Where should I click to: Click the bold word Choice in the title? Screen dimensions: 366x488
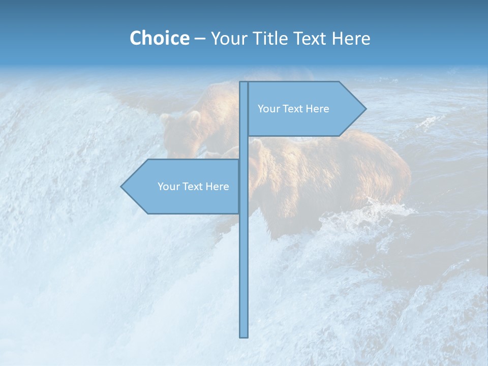(x=159, y=38)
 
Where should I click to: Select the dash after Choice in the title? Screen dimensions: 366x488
(x=200, y=39)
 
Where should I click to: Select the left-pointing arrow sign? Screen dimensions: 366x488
(x=183, y=187)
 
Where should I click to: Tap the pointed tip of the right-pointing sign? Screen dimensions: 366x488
(x=364, y=109)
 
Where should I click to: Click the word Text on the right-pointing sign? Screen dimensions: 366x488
(x=293, y=109)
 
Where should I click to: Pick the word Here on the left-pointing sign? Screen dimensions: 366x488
(x=217, y=187)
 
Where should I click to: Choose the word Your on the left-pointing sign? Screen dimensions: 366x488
(x=168, y=187)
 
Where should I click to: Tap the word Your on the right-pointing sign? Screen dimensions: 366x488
(x=268, y=109)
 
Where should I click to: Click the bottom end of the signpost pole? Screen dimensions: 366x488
(x=244, y=335)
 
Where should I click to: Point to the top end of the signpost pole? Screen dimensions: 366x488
(x=244, y=83)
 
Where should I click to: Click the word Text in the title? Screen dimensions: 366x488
(x=311, y=38)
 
